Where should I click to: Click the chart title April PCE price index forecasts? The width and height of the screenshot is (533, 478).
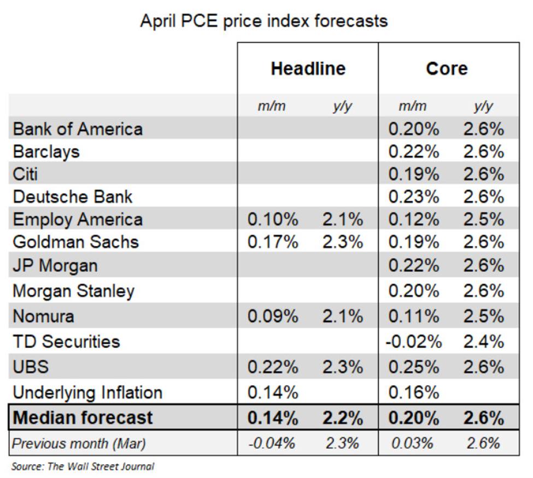264,21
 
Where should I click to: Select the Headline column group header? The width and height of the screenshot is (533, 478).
308,68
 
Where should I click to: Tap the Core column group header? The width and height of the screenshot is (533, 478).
447,68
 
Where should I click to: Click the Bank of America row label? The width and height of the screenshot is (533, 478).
78,129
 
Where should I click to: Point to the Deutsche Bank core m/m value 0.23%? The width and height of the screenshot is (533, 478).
413,197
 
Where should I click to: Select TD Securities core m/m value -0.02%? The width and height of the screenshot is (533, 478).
413,341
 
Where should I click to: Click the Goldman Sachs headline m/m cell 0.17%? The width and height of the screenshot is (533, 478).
273,241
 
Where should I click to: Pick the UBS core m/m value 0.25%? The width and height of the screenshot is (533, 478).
413,366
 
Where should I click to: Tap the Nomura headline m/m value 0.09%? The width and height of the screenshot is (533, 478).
273,316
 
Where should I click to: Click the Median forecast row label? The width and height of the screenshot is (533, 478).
83,418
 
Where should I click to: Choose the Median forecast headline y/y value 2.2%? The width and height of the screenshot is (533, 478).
342,418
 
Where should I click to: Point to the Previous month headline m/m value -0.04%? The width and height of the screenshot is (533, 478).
273,443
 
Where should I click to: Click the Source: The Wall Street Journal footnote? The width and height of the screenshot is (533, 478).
83,467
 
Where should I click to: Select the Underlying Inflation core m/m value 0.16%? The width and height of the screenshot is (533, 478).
413,392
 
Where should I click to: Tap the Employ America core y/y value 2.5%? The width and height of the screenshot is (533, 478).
483,219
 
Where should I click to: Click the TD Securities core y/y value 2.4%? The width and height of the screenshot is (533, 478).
483,341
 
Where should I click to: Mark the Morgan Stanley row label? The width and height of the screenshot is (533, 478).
73,291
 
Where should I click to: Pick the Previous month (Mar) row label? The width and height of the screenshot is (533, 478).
79,443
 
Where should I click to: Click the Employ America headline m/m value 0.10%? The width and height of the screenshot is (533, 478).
273,219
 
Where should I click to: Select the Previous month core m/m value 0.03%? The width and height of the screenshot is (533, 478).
413,443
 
